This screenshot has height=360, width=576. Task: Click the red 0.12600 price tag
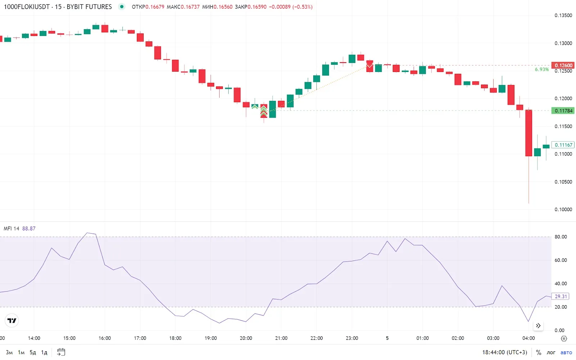[563, 65]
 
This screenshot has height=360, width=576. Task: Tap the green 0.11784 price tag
[563, 111]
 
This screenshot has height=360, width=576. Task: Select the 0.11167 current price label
[563, 145]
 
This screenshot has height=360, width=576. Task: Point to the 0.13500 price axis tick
[563, 15]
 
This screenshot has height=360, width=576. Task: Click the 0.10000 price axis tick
[563, 210]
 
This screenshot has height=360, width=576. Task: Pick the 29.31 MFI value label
[561, 296]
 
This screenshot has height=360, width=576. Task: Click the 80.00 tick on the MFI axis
[561, 237]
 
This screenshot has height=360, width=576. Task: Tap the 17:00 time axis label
[140, 338]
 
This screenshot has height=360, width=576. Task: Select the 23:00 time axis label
[352, 338]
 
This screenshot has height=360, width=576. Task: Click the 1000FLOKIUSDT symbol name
[27, 7]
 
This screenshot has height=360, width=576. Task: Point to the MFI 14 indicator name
[11, 229]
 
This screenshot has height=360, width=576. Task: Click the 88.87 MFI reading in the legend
[29, 229]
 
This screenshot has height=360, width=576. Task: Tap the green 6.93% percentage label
[541, 69]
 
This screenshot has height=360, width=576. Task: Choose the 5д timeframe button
[33, 352]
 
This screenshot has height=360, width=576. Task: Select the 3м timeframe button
[9, 352]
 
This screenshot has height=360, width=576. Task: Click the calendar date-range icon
[61, 352]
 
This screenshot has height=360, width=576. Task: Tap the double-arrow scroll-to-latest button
[538, 326]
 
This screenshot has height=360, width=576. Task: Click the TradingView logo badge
[12, 320]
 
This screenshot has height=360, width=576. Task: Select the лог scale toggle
[551, 352]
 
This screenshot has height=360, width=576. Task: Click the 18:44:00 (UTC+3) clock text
[504, 352]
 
